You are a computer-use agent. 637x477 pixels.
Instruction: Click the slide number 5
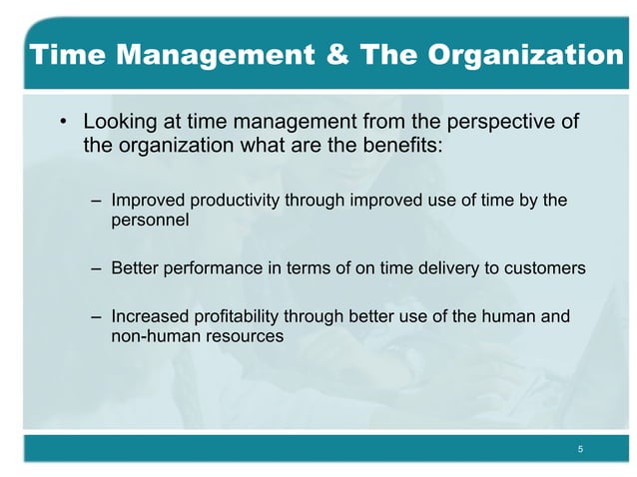(x=580, y=451)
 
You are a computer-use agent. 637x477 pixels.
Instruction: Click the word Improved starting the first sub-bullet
(x=146, y=202)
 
